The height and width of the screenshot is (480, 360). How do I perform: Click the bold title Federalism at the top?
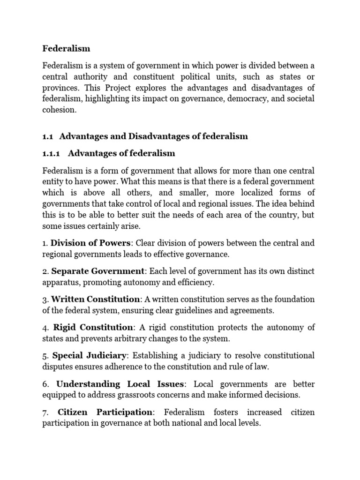click(66, 48)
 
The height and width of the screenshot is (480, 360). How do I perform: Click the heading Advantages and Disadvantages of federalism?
click(154, 136)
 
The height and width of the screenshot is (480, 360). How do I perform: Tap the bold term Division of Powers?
click(92, 243)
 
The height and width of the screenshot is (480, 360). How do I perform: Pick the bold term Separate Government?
click(97, 271)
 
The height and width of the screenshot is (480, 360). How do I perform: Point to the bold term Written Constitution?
click(96, 299)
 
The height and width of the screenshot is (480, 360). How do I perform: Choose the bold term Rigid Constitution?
click(93, 327)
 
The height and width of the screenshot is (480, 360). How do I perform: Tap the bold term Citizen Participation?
click(106, 412)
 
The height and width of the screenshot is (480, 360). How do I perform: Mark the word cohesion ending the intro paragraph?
click(59, 110)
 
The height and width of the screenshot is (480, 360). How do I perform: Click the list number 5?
click(45, 355)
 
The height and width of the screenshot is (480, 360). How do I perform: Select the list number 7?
click(45, 412)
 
